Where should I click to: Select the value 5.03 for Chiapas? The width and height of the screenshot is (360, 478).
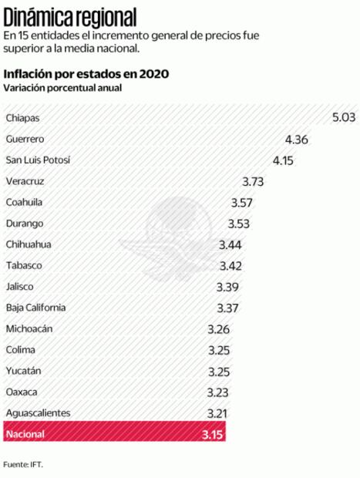pos(344,118)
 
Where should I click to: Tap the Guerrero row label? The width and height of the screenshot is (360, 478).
pos(25,140)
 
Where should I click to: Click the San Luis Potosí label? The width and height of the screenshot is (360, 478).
pos(38,160)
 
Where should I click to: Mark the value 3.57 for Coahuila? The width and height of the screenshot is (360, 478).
pos(243,203)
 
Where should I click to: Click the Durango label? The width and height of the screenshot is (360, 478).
pos(23,224)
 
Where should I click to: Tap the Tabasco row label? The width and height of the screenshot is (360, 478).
pos(23,266)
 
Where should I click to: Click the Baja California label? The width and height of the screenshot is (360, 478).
pos(35,308)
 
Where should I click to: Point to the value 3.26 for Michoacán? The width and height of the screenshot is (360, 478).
pos(220,329)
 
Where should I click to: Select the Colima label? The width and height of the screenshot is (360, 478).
pos(20,350)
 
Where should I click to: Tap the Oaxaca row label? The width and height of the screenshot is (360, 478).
pos(22,392)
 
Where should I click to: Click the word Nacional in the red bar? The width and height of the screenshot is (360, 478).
pos(25,435)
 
